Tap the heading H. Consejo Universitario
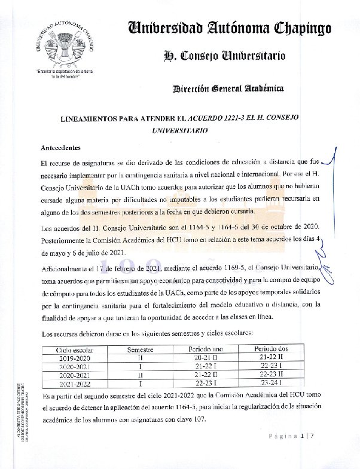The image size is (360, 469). (224, 56)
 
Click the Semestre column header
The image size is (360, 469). (141, 348)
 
